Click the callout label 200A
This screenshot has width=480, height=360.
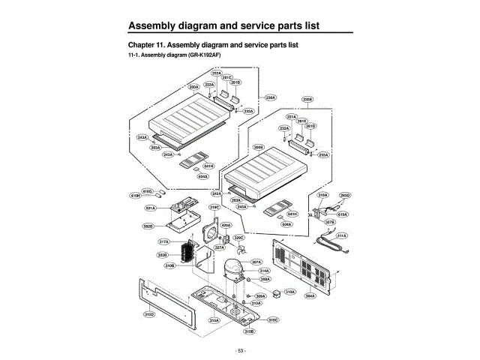point(193,87)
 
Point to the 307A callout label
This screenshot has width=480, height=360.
point(256,262)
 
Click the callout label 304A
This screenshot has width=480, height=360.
point(309,296)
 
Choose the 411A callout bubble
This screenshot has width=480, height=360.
point(341,235)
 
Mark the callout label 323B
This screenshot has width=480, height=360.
point(162,255)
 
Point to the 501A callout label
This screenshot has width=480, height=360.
point(150,208)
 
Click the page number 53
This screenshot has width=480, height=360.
point(240,350)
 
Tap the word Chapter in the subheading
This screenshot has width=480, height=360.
point(142,45)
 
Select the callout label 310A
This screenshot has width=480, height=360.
point(290,291)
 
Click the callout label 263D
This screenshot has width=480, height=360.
point(345,195)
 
